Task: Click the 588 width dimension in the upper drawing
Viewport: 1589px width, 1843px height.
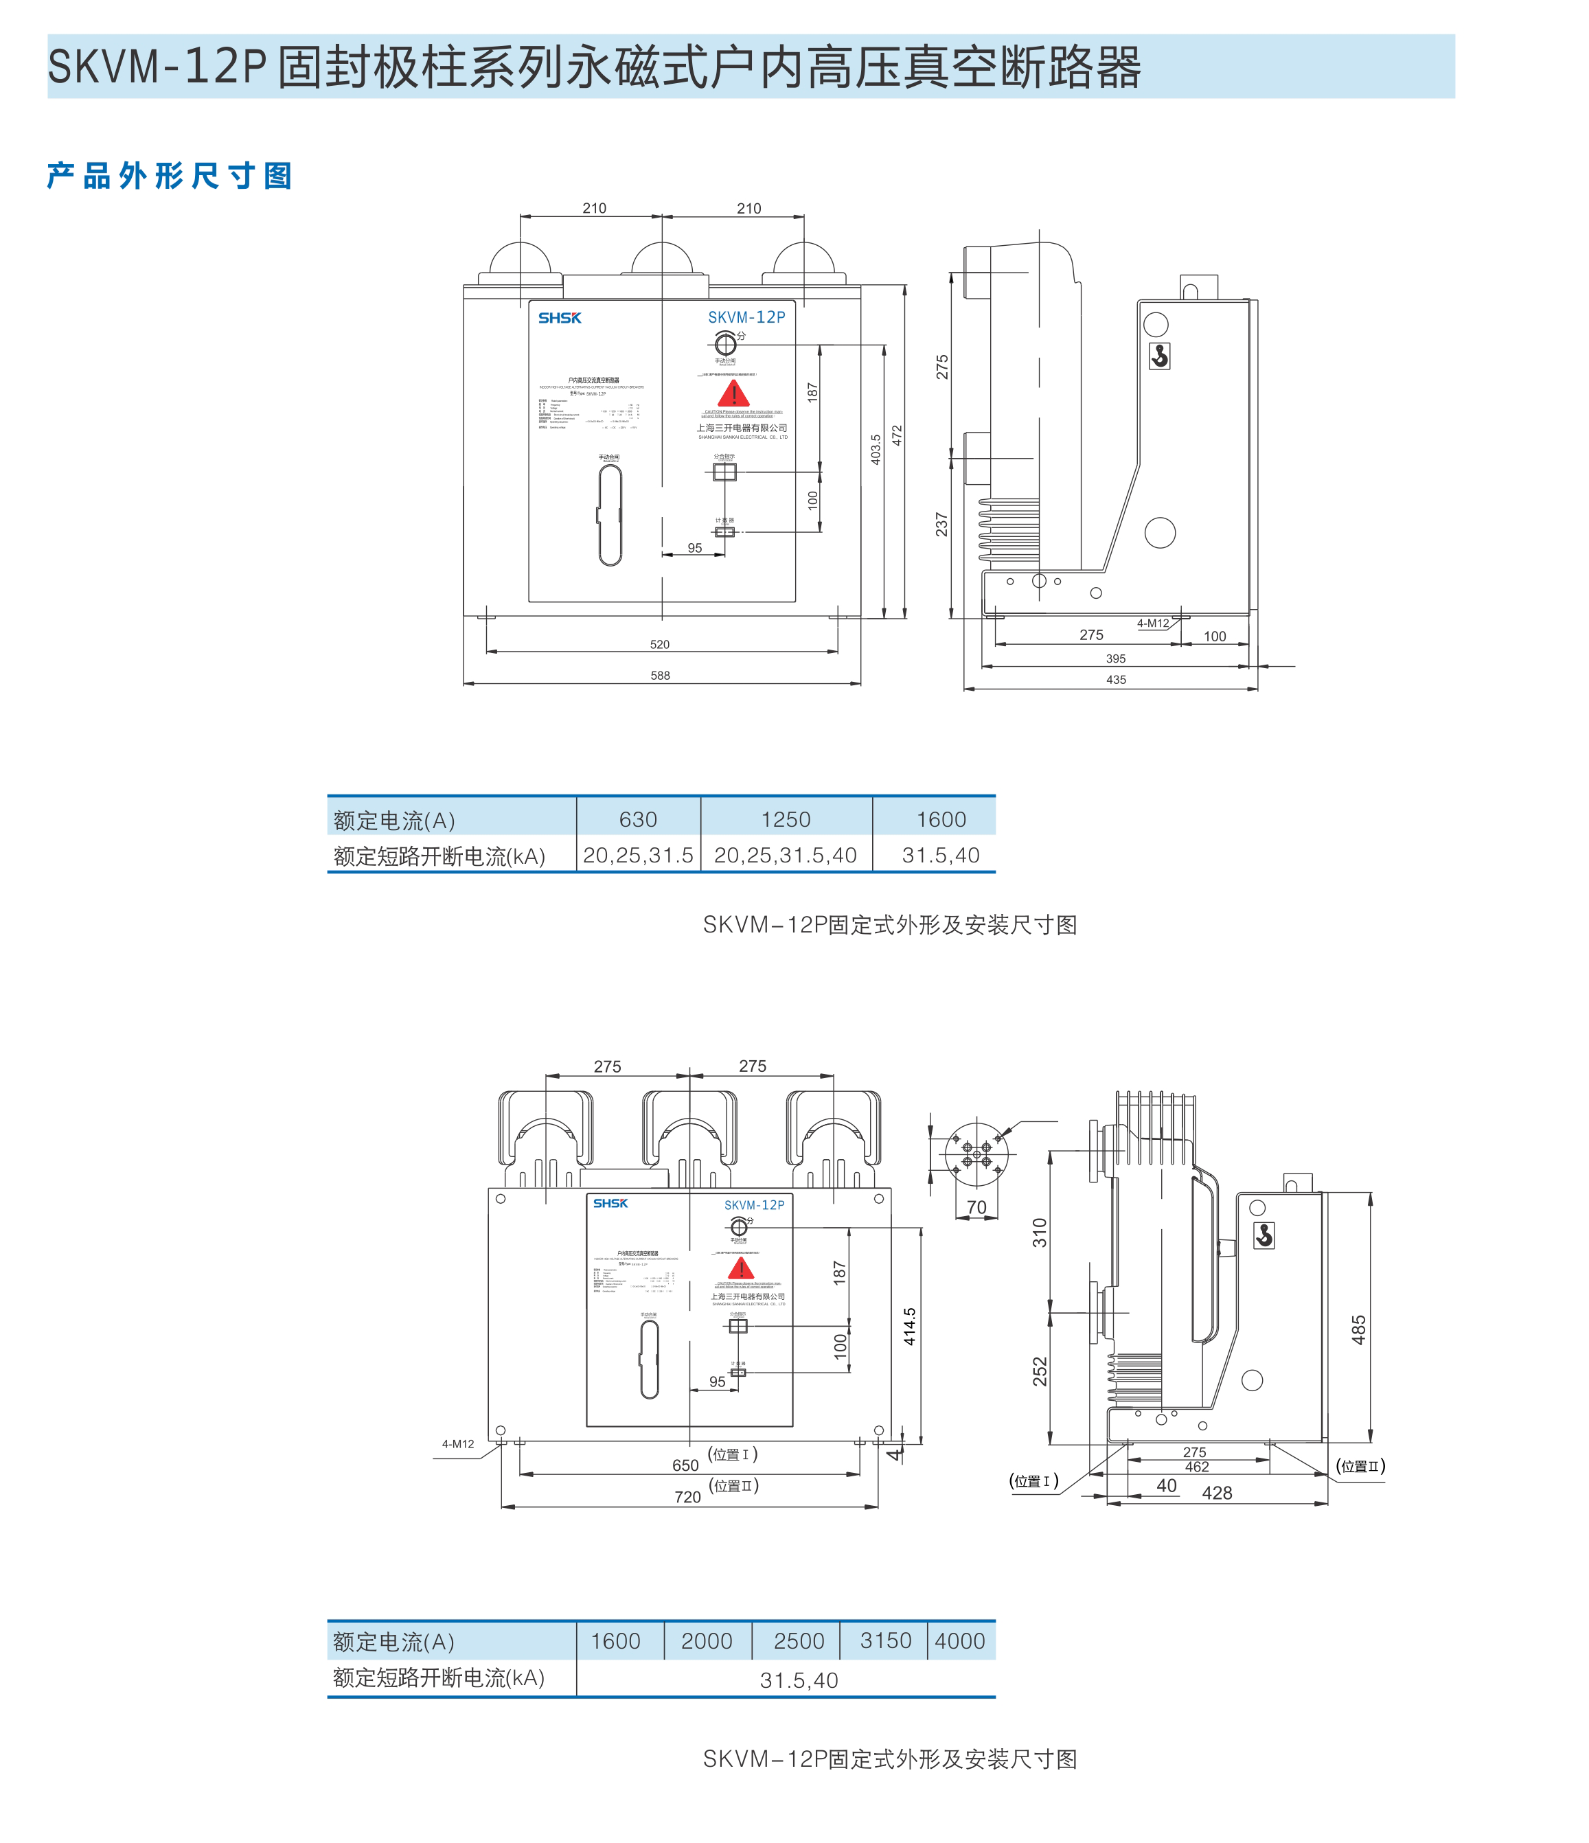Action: tap(659, 676)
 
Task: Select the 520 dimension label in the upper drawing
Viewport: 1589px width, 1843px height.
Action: tap(659, 645)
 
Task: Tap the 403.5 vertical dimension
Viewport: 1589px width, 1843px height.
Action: tap(876, 449)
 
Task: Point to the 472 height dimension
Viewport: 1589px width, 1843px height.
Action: tap(897, 436)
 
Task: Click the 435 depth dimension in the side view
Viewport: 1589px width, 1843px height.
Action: tap(1116, 680)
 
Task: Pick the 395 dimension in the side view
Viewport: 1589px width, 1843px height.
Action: tap(1116, 659)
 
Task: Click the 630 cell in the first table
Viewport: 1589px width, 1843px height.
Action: tap(638, 819)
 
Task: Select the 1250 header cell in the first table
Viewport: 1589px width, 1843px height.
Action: tap(786, 819)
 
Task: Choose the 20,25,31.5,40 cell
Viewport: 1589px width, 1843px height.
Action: tap(786, 856)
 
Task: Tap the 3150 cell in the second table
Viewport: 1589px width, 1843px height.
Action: tap(885, 1640)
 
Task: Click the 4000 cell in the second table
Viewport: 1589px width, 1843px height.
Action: tap(960, 1641)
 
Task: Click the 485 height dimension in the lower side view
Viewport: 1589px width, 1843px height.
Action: tap(1358, 1330)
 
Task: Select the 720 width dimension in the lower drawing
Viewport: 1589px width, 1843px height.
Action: tap(688, 1497)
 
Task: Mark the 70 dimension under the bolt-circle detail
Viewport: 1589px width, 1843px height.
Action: tap(976, 1208)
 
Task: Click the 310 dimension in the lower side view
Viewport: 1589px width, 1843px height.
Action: tap(1039, 1233)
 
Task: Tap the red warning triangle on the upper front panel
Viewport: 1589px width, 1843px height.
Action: tap(733, 394)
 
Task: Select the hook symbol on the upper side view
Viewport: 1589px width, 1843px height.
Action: tap(1159, 356)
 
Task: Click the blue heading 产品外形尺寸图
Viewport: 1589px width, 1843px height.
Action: tap(169, 176)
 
